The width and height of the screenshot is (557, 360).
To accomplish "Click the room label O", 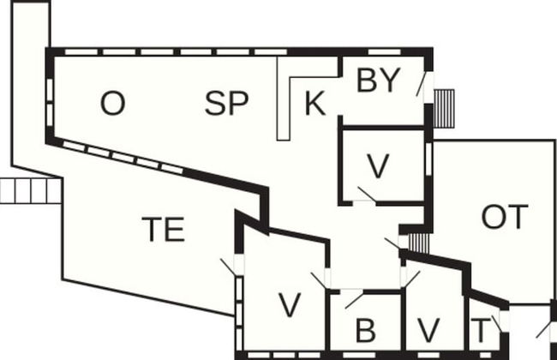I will tap(112, 104).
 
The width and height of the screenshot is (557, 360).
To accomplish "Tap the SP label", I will tap(226, 104).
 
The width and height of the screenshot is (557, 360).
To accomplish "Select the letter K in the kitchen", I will tap(314, 105).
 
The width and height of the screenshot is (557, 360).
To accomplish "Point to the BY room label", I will tap(378, 81).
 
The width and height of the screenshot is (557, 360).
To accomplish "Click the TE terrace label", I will tap(163, 230).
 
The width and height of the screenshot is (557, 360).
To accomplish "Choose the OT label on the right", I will tap(505, 218).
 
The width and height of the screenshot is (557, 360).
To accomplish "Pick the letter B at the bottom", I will tap(366, 330).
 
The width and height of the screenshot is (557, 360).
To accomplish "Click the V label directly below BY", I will tap(378, 165).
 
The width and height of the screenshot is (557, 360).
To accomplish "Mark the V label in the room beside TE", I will tap(290, 303).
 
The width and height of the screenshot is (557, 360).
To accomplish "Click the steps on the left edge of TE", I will tap(31, 190).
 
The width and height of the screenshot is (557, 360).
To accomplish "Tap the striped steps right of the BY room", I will tap(444, 108).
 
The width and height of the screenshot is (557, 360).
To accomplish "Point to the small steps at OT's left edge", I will tap(417, 242).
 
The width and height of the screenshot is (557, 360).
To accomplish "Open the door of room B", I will tap(352, 298).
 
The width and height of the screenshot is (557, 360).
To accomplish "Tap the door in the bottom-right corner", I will tap(542, 329).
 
